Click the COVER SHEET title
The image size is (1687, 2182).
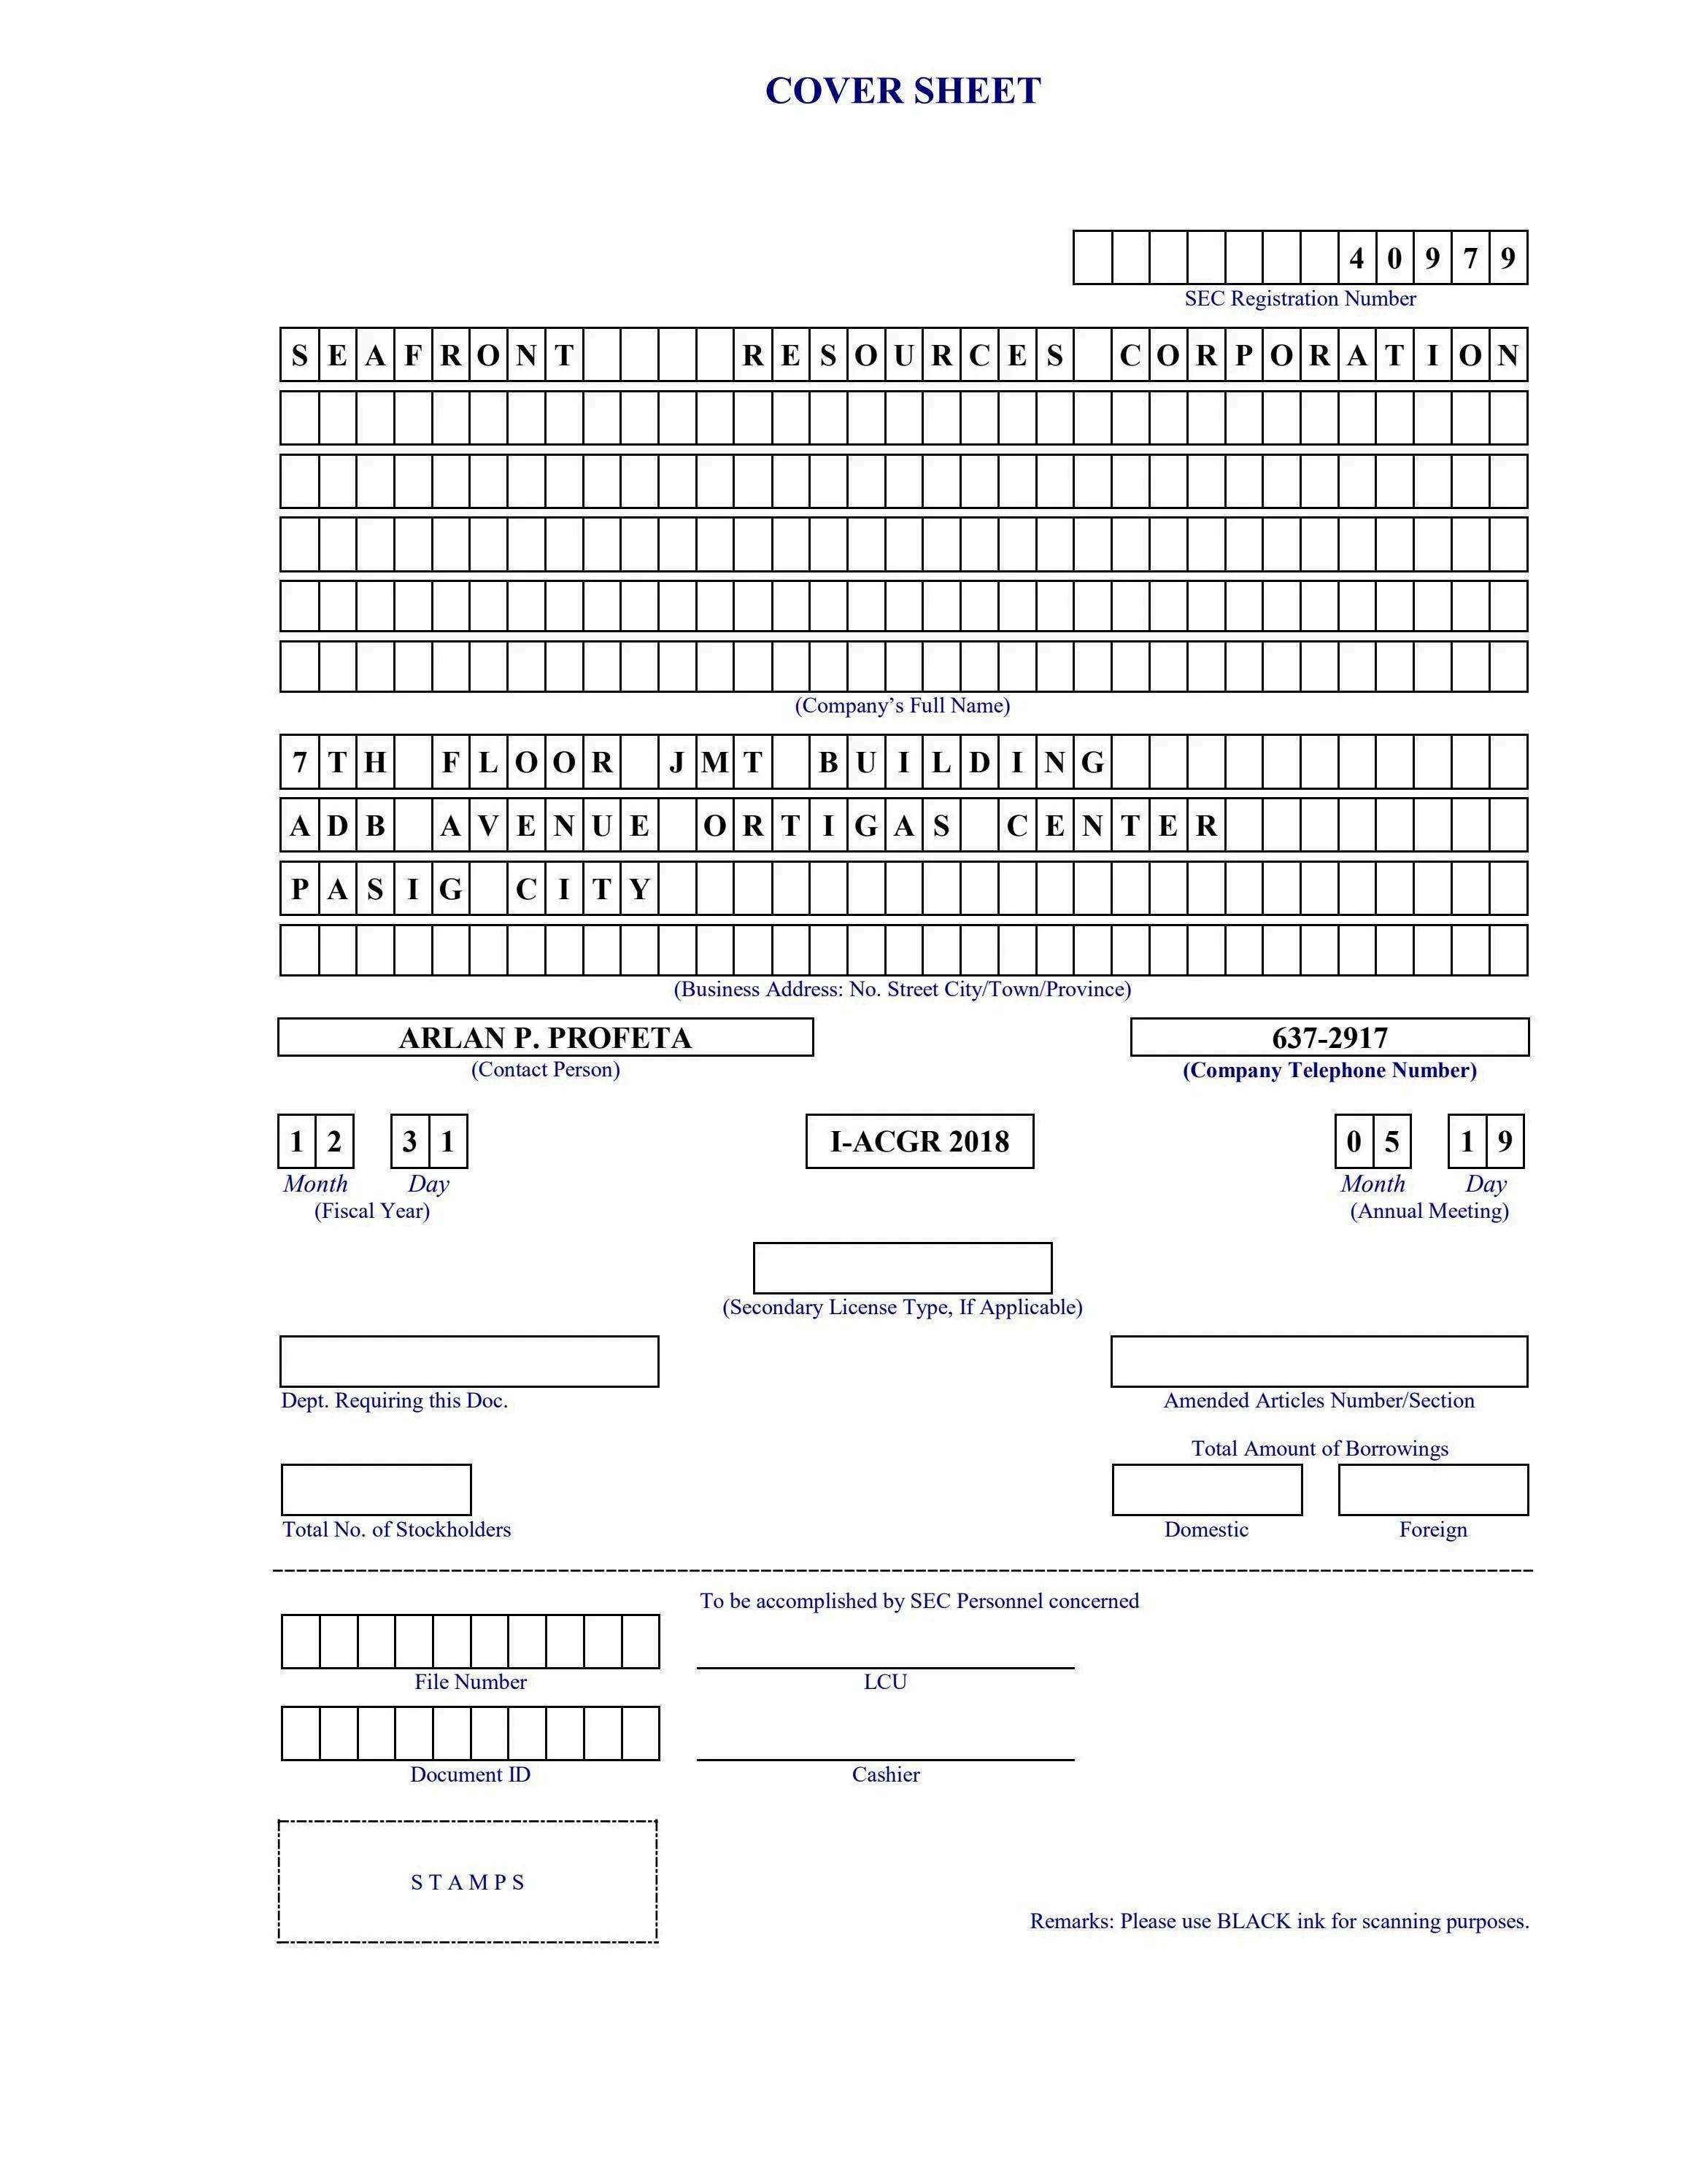(x=903, y=91)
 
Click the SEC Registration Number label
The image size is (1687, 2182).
(x=1300, y=299)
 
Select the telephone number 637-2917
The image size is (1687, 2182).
(x=1329, y=1038)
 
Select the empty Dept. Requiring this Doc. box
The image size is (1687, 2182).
(x=468, y=1361)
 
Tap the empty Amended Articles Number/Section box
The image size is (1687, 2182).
(x=1319, y=1361)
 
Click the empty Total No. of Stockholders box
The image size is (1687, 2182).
(x=376, y=1490)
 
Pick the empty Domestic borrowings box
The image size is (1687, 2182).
(x=1206, y=1490)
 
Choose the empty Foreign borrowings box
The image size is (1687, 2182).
(x=1432, y=1490)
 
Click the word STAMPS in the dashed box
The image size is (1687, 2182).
(x=468, y=1882)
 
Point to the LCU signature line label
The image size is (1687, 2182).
(x=884, y=1682)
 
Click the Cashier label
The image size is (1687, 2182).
(x=884, y=1775)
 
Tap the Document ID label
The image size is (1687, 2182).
(x=470, y=1775)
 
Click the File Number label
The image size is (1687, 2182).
(x=470, y=1682)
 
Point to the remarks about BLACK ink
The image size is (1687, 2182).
(x=1279, y=1921)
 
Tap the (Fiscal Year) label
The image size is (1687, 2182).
(x=372, y=1211)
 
